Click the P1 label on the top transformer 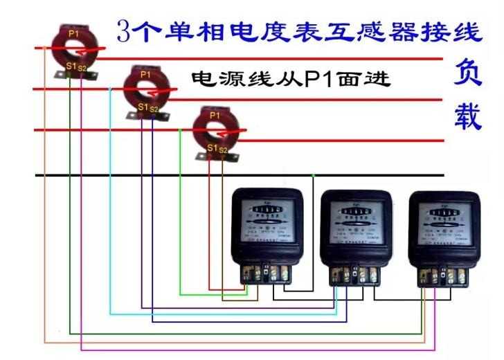point(74,33)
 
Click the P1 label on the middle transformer point(145,74)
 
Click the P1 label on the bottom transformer point(215,114)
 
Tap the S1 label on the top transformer point(70,66)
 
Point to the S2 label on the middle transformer point(154,109)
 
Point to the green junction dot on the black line point(313,175)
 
